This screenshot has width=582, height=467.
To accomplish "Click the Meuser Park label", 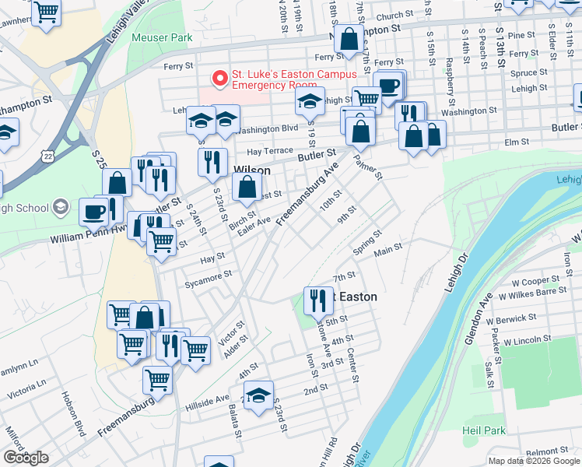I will click(162, 37).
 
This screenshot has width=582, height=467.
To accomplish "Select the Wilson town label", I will click(252, 170).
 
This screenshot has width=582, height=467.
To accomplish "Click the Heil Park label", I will click(483, 430).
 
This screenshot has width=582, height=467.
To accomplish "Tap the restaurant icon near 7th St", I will click(316, 300).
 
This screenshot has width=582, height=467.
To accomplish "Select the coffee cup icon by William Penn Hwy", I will click(94, 211).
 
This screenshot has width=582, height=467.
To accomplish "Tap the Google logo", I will click(25, 458).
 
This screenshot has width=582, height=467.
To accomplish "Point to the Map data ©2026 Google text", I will click(533, 461).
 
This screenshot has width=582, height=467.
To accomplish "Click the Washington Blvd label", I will click(269, 128).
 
